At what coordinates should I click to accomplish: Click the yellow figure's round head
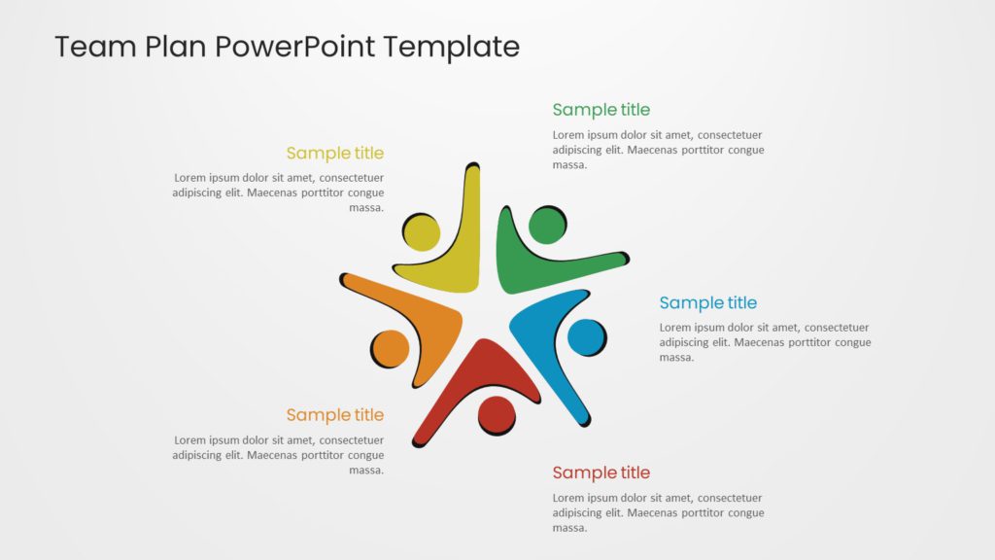click(x=421, y=233)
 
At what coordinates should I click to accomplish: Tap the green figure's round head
click(x=547, y=226)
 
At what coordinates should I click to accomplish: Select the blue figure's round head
click(x=586, y=337)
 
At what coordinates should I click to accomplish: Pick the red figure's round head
click(x=497, y=414)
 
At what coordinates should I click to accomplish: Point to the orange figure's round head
click(x=391, y=349)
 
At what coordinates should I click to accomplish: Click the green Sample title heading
click(x=600, y=110)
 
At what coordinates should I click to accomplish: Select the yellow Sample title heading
click(x=334, y=154)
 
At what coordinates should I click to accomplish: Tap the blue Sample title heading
click(x=707, y=303)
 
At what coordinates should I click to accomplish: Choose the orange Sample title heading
click(x=334, y=415)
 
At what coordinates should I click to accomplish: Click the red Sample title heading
click(x=600, y=473)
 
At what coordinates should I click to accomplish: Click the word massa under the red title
click(x=569, y=528)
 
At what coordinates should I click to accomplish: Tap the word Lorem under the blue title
click(x=675, y=328)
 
